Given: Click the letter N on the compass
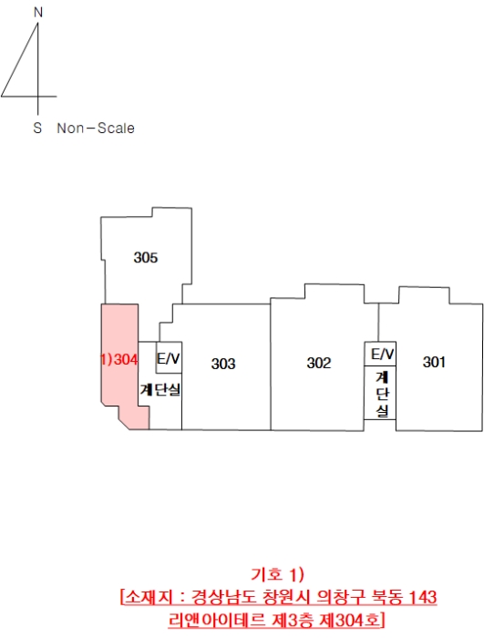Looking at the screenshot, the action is pyautogui.click(x=38, y=13).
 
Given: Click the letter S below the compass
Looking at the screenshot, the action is pyautogui.click(x=37, y=128).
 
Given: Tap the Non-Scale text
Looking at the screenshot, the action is pyautogui.click(x=96, y=129).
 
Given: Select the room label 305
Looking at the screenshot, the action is pyautogui.click(x=146, y=258).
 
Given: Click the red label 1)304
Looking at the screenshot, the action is pyautogui.click(x=119, y=360).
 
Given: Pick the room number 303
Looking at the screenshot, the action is pyautogui.click(x=223, y=364).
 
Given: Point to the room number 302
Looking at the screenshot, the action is pyautogui.click(x=319, y=363).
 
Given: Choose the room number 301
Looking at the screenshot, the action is pyautogui.click(x=434, y=362).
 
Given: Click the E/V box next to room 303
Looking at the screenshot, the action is pyautogui.click(x=169, y=357).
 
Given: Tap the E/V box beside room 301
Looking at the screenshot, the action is pyautogui.click(x=380, y=354).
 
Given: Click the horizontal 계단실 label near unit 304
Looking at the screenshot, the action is pyautogui.click(x=160, y=389).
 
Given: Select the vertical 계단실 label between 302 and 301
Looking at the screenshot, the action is pyautogui.click(x=382, y=394).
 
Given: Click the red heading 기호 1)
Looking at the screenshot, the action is pyautogui.click(x=278, y=574).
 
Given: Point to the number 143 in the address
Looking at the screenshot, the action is pyautogui.click(x=422, y=597).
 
